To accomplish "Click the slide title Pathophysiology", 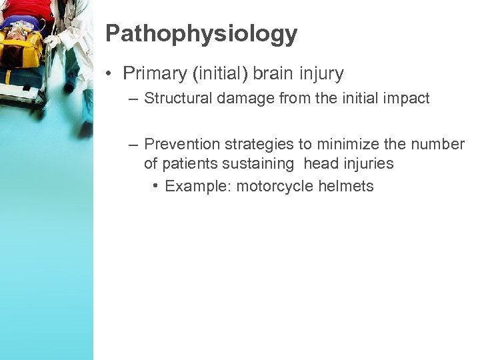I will coord(201,33).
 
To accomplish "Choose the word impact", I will coord(407,99).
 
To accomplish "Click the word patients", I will coord(189,163).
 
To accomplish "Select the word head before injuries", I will coord(321,163).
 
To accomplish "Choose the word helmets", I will coord(346,187).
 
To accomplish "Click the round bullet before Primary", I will coord(110,73).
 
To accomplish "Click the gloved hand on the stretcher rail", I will coord(51,42).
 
